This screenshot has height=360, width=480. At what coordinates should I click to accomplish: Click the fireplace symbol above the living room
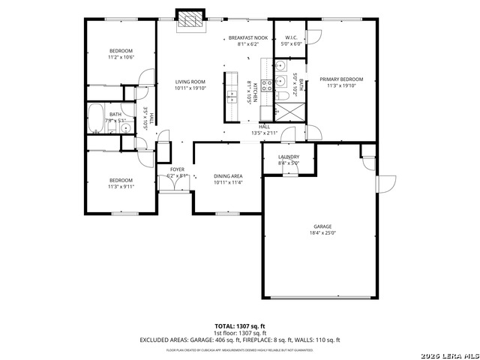tap(189, 20)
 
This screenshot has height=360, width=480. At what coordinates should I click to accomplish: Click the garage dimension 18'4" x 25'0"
tap(322, 233)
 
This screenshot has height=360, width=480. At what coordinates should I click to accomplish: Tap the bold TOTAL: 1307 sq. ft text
tap(239, 326)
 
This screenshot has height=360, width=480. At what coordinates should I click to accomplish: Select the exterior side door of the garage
tap(385, 184)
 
